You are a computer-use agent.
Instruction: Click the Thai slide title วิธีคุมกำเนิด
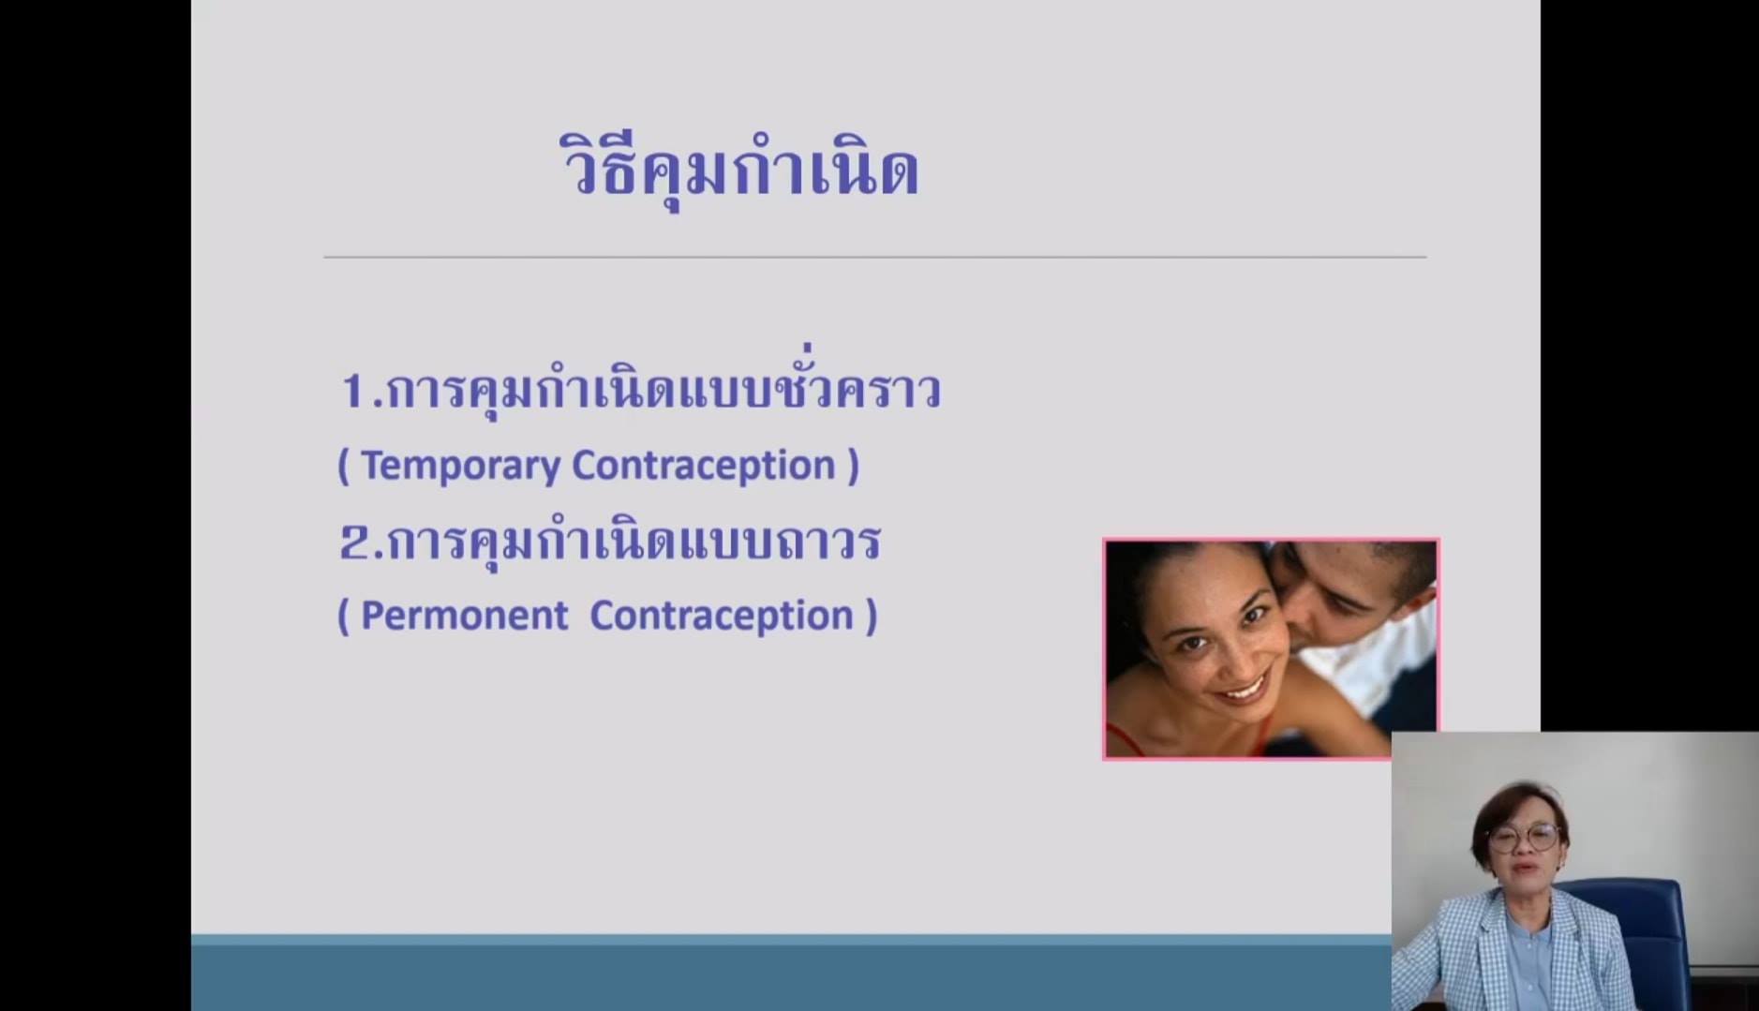tap(738, 169)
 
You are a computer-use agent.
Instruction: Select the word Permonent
tap(464, 616)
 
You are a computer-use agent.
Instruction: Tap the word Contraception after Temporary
tap(704, 466)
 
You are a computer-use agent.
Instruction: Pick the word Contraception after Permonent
tap(722, 616)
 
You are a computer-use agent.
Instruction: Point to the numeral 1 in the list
tap(353, 391)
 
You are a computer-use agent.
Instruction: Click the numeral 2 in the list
tap(355, 543)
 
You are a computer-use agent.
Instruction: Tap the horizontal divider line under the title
tap(874, 256)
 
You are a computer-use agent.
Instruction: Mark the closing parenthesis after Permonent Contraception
tap(872, 617)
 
